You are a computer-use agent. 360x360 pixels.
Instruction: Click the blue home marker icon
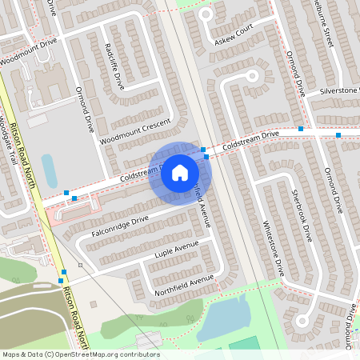click(180, 173)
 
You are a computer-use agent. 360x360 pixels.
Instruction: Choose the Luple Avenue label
click(175, 250)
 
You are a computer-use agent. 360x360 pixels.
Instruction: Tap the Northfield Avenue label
click(185, 282)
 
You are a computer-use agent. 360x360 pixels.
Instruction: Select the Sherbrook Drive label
click(301, 217)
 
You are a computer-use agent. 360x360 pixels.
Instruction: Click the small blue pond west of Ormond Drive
click(49, 170)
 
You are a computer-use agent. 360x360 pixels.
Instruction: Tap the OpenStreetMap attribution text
click(81, 354)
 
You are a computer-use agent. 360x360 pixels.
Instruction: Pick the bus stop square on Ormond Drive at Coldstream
click(301, 128)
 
